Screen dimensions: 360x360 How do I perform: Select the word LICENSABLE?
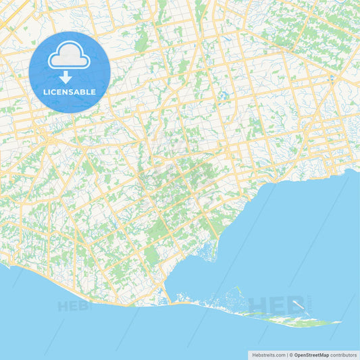[x=70, y=91]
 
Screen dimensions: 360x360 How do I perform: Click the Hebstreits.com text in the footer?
[x=267, y=354]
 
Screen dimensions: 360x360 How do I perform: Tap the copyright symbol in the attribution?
[x=291, y=354]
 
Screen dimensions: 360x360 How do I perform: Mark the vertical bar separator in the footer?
[x=286, y=354]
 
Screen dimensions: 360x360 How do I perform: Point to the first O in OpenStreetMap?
[x=297, y=354]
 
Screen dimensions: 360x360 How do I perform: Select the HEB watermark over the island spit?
[x=270, y=305]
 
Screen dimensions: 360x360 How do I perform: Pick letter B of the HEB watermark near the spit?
[x=288, y=305]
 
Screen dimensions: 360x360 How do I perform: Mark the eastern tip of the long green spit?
[x=340, y=322]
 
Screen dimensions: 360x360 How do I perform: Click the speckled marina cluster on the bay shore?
[x=205, y=253]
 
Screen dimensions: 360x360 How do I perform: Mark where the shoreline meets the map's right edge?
[x=359, y=170]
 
